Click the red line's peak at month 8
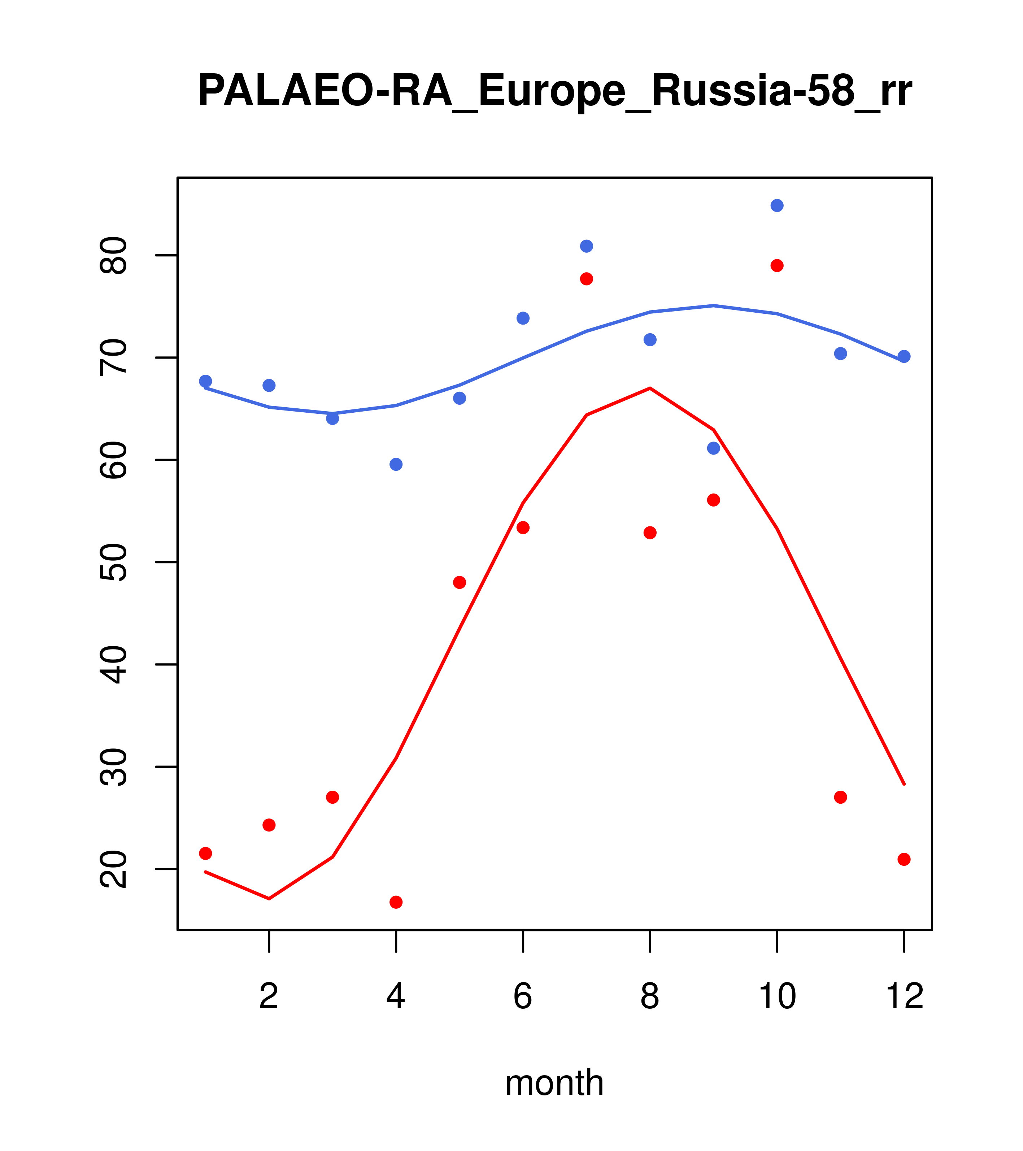click(650, 388)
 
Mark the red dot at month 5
click(460, 582)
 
